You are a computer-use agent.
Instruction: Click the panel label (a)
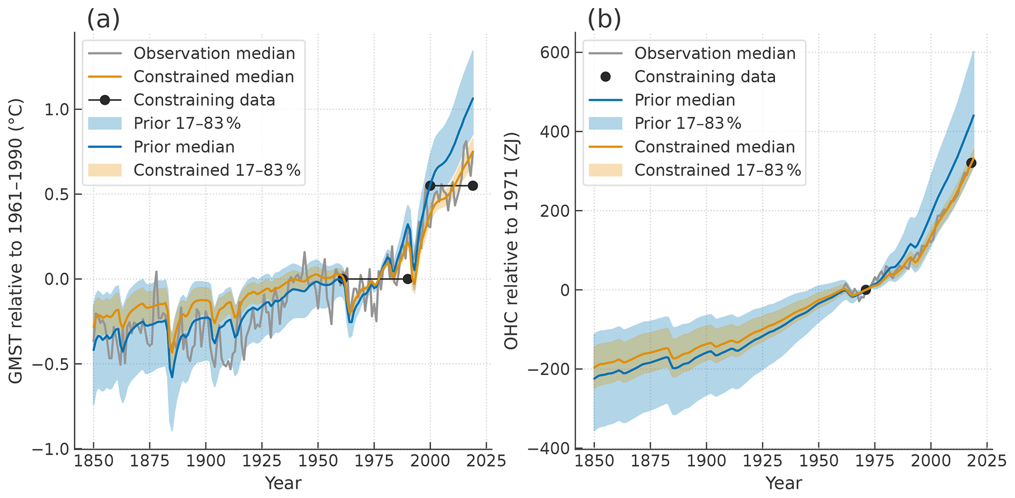103,20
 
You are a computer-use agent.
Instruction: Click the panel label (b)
604,20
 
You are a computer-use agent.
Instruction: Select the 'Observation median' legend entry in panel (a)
214,53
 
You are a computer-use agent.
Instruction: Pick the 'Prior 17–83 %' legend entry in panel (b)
687,124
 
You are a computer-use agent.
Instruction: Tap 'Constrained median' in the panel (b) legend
714,147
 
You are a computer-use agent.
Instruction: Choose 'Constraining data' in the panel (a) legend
204,100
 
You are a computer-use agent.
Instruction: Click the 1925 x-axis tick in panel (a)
262,461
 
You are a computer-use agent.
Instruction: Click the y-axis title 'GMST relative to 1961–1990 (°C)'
16,240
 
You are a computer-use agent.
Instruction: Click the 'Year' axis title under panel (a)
283,483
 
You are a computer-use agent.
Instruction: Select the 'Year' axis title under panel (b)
784,483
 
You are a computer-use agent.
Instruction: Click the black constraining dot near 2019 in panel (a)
473,185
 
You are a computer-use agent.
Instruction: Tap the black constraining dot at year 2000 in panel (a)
430,185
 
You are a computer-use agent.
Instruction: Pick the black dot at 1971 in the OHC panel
866,290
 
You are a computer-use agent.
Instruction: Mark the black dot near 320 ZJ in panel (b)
971,163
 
